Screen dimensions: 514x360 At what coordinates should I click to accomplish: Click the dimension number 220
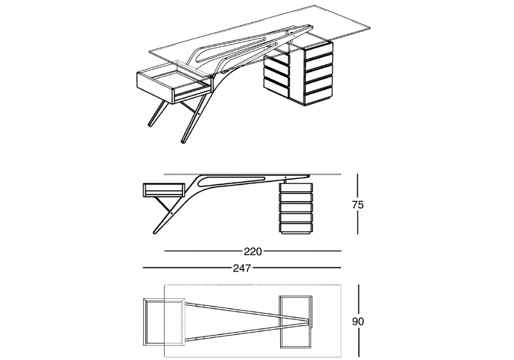click(253, 251)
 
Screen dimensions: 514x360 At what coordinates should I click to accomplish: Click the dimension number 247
click(242, 268)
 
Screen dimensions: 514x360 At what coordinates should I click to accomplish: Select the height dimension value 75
click(358, 205)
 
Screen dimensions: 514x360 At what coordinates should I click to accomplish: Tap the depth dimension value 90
click(358, 321)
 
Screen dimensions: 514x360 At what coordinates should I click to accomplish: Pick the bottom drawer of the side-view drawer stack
click(296, 227)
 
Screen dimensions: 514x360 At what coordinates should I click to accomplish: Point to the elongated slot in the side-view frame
click(233, 181)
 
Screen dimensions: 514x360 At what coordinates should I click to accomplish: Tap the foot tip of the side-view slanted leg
click(155, 233)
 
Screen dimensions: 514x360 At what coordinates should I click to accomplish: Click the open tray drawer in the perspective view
click(174, 82)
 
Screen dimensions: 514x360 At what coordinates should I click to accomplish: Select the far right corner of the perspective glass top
click(371, 27)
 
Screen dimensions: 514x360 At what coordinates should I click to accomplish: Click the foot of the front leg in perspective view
click(183, 141)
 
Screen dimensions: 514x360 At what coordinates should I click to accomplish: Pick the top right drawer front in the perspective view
click(319, 48)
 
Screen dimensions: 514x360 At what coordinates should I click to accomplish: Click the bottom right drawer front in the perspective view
click(319, 97)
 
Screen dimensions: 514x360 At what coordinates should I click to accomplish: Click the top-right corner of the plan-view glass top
click(341, 284)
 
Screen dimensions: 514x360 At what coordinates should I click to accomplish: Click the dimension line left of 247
click(187, 268)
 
